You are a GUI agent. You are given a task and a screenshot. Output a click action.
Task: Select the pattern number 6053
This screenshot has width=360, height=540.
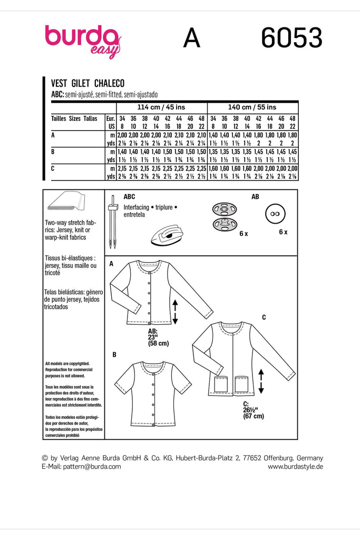click(x=291, y=39)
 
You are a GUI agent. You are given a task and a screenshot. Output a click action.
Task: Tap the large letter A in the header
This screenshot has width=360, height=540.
click(x=191, y=39)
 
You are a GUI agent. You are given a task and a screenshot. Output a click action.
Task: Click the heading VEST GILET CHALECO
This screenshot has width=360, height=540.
click(x=87, y=83)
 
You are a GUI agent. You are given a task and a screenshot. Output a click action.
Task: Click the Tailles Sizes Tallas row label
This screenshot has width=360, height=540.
click(x=74, y=119)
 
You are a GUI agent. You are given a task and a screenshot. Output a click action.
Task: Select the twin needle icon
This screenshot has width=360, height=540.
click(x=112, y=222)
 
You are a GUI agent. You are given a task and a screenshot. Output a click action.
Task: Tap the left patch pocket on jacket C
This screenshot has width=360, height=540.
click(x=220, y=383)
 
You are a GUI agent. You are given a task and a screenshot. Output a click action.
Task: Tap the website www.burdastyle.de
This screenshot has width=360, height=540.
click(x=295, y=467)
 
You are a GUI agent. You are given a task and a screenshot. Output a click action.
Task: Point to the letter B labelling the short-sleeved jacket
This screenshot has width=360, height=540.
click(x=114, y=355)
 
